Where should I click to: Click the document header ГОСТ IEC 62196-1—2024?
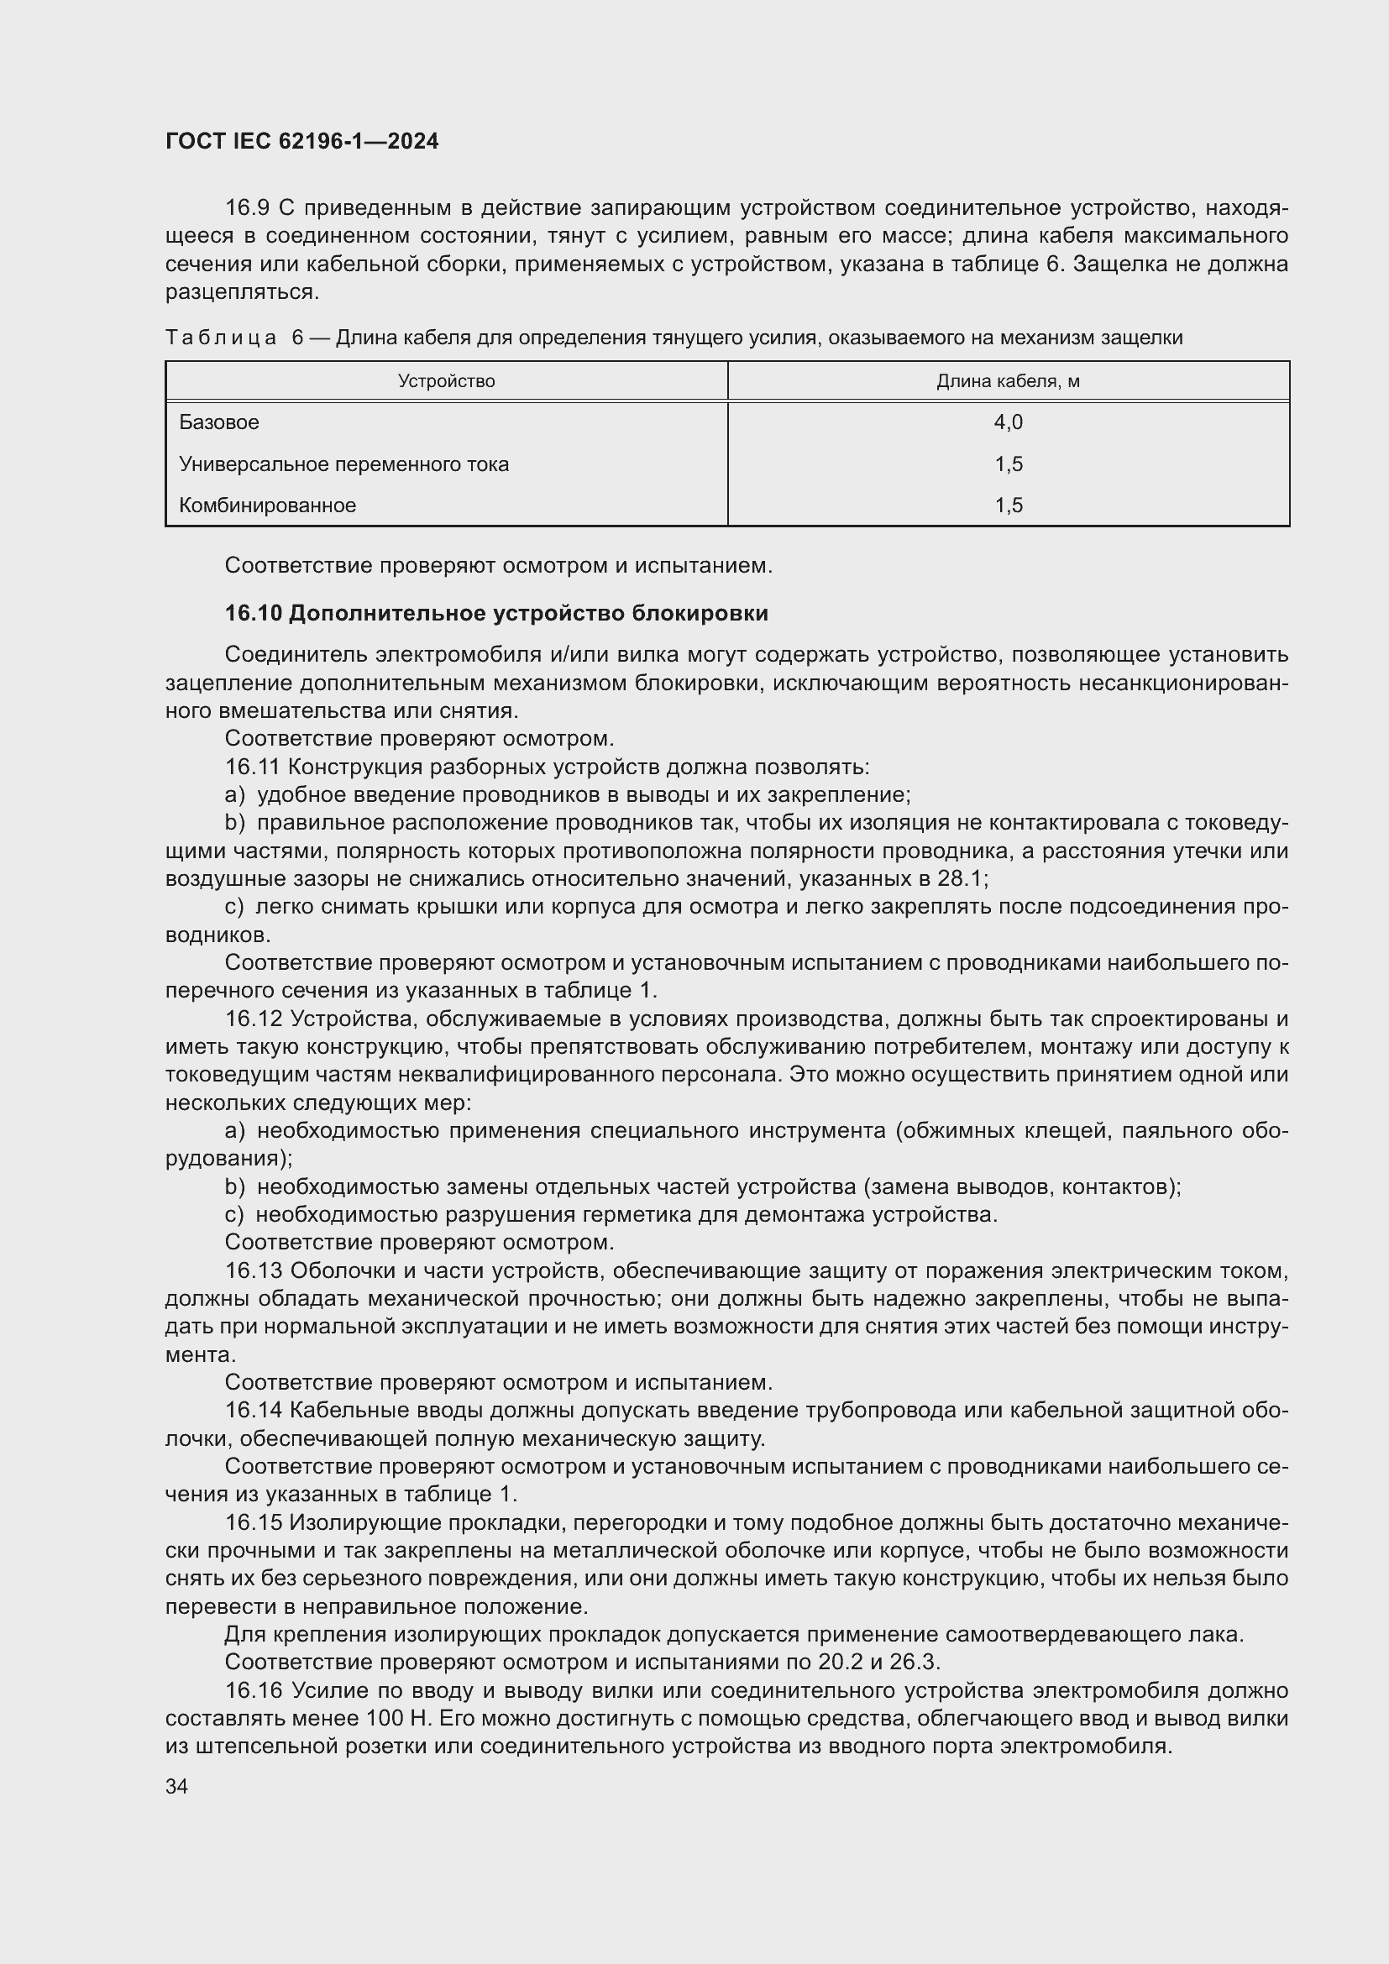click(x=301, y=141)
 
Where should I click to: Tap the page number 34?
click(x=176, y=1786)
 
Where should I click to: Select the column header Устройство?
click(x=446, y=381)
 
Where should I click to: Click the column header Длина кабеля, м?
click(x=1008, y=381)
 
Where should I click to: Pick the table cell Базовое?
click(x=219, y=422)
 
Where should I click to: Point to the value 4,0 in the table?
click(x=1009, y=422)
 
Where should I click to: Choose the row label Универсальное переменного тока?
click(x=343, y=464)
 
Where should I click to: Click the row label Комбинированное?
click(x=267, y=505)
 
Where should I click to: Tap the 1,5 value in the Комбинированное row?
click(x=1009, y=505)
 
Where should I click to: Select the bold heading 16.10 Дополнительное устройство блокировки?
click(x=496, y=613)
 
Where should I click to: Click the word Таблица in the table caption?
click(x=221, y=338)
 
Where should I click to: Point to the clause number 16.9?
click(x=247, y=208)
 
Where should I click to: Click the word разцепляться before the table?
click(x=241, y=292)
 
